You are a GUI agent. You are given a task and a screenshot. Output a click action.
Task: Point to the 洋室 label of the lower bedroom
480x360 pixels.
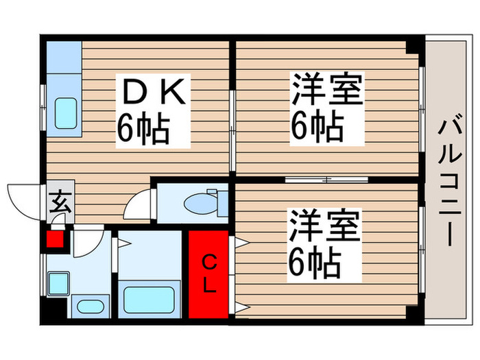click(324, 226)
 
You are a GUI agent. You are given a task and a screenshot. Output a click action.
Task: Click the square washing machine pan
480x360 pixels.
click(58, 283)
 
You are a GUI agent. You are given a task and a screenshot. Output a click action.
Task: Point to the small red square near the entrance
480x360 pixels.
click(54, 240)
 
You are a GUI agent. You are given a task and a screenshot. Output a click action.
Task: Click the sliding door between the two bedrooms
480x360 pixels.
click(327, 180)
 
